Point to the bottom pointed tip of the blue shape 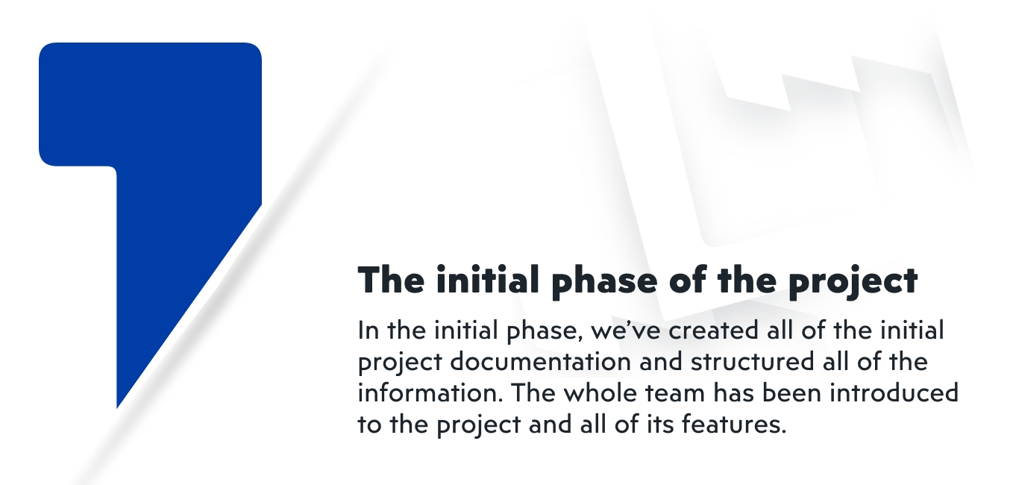[x=117, y=408]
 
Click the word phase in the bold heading [x=604, y=281]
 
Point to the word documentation [x=540, y=361]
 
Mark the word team [x=675, y=393]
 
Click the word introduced [x=894, y=392]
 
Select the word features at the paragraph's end [x=734, y=425]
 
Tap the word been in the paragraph [x=791, y=392]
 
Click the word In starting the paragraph [x=368, y=331]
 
